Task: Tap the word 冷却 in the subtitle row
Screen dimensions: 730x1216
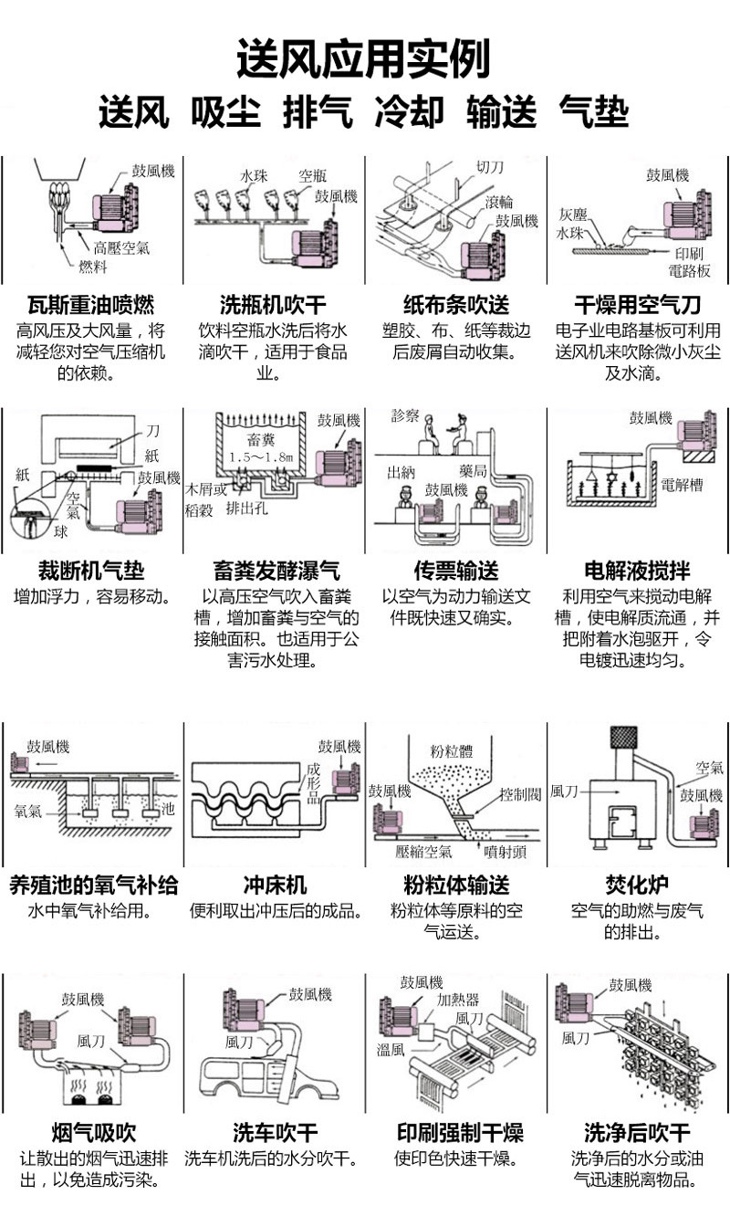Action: (409, 113)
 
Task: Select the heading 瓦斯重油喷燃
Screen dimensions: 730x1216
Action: (90, 304)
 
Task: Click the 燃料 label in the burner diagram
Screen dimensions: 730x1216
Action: (93, 267)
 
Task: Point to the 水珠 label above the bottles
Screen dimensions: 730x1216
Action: (253, 175)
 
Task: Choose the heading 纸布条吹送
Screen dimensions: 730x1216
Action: (456, 304)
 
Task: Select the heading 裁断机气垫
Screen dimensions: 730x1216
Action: (90, 571)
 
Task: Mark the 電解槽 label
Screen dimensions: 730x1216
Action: (682, 485)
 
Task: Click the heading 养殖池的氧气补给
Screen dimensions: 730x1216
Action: (93, 885)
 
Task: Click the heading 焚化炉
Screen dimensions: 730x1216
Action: (638, 885)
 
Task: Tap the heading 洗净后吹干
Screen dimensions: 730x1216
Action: (638, 1134)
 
